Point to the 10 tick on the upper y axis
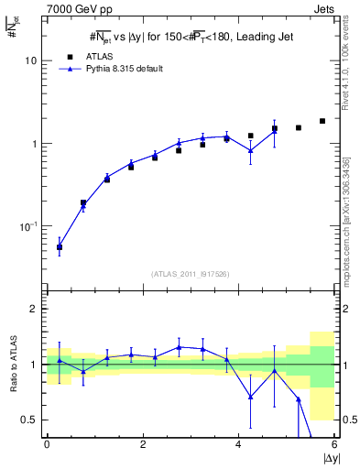tap(31, 60)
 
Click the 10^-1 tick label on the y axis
tap(29, 226)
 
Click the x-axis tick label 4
tap(239, 444)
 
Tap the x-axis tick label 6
tap(334, 444)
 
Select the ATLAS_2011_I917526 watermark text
tap(191, 274)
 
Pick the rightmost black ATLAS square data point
tap(322, 121)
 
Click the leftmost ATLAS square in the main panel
tap(60, 247)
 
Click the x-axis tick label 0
tap(47, 444)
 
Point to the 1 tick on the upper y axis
tap(34, 144)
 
